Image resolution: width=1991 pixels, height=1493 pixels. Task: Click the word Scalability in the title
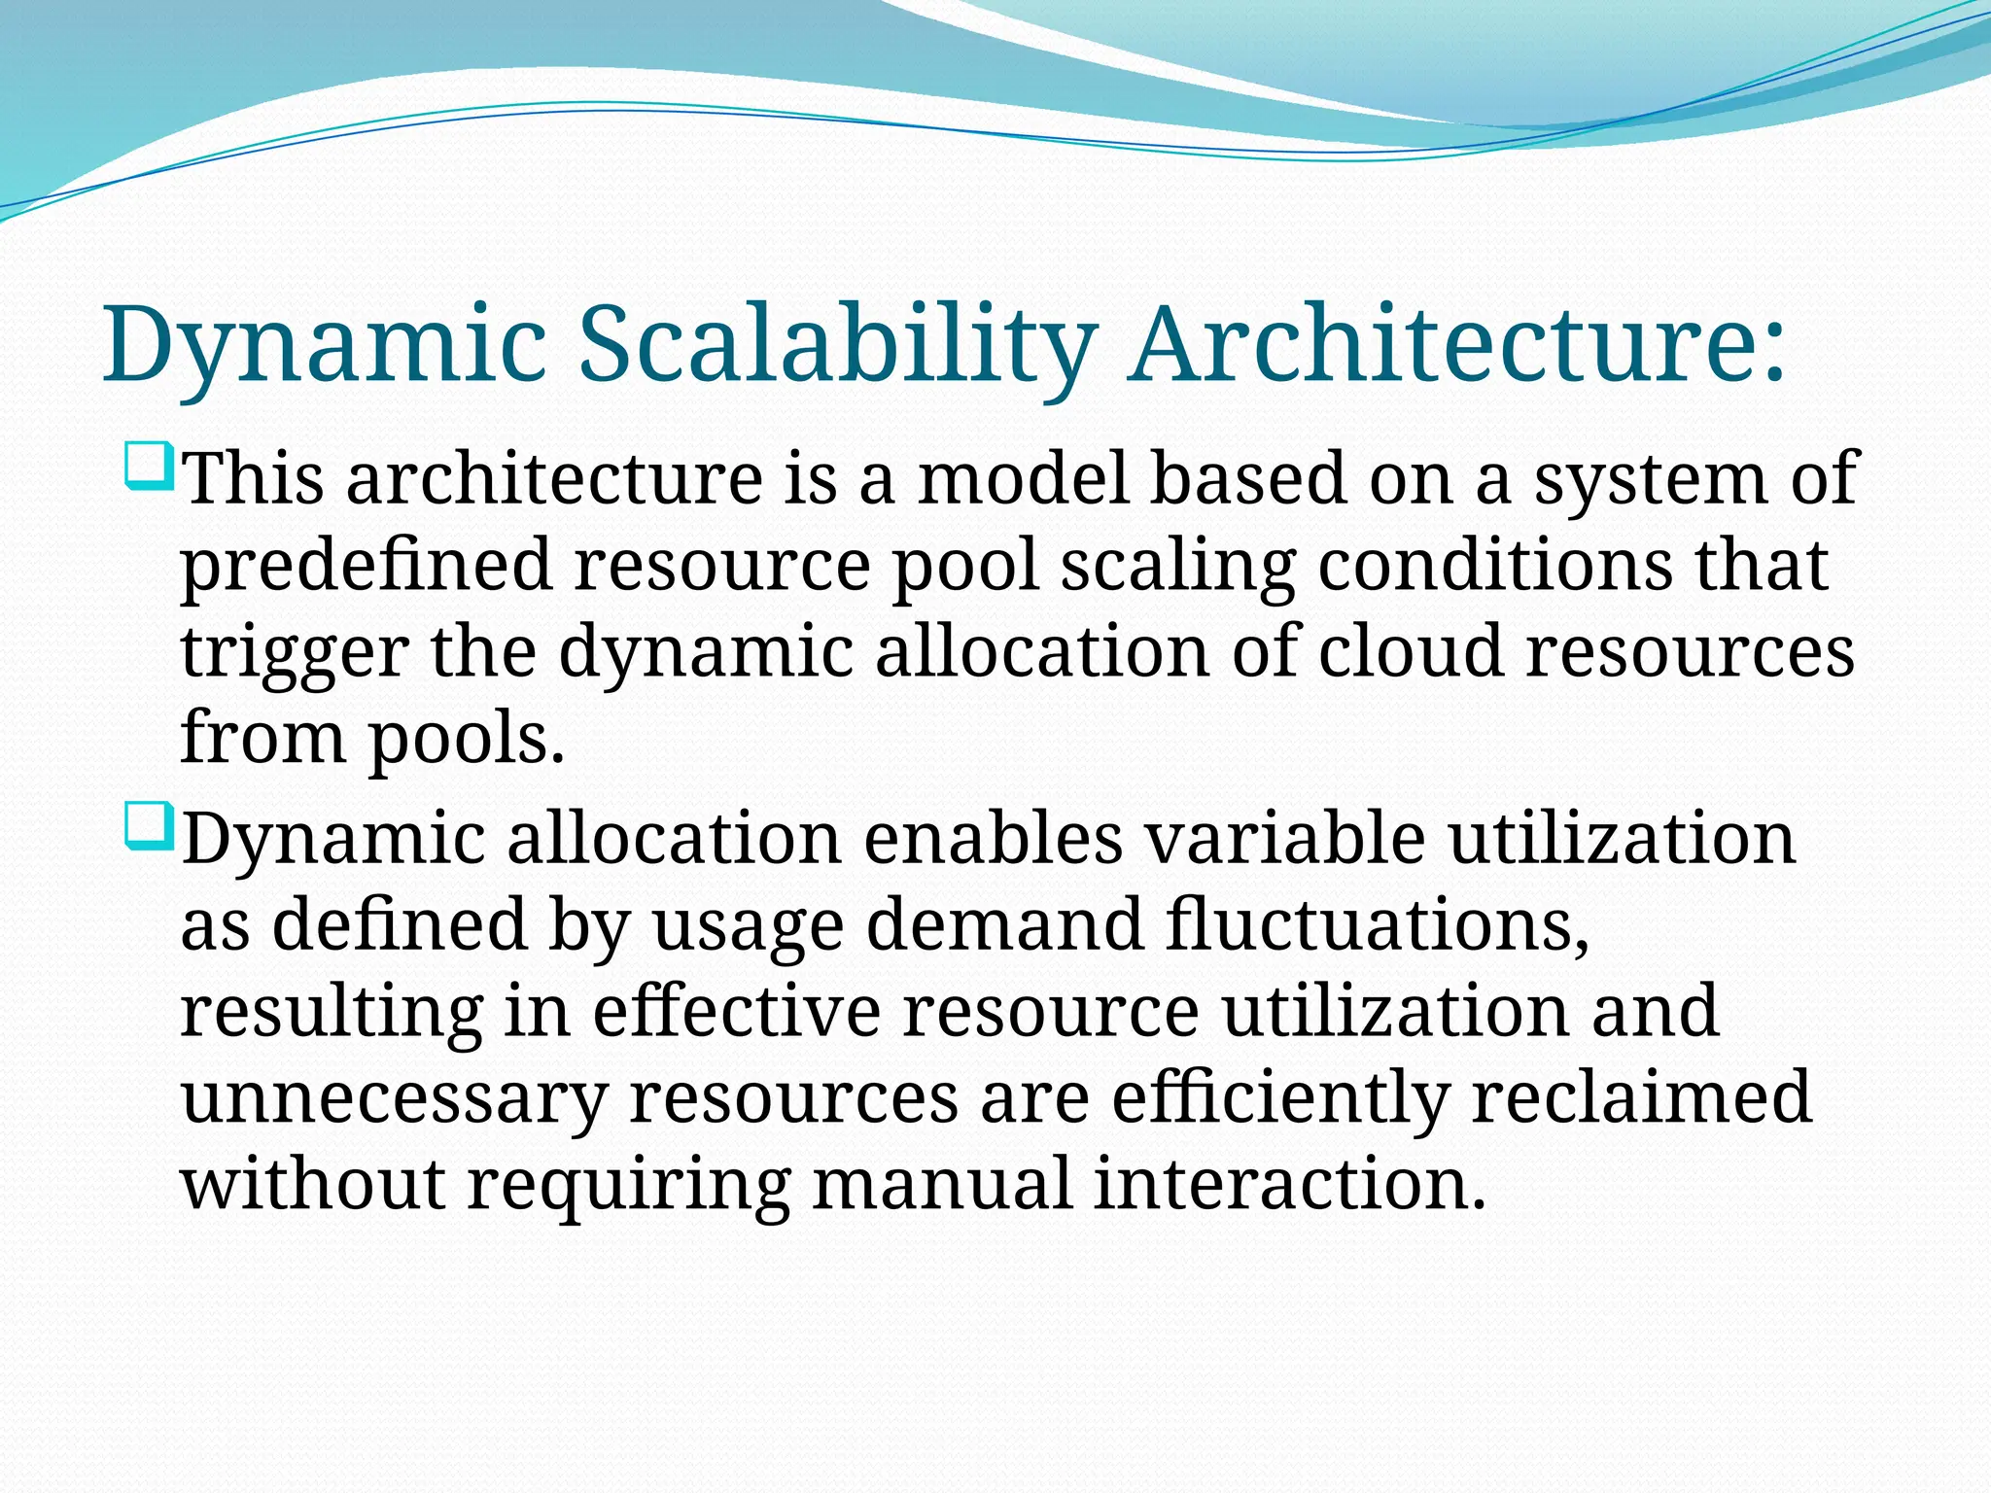[837, 346]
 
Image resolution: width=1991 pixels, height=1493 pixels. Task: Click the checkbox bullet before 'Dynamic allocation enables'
[149, 826]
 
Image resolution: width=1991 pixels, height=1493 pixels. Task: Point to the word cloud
[1410, 650]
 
